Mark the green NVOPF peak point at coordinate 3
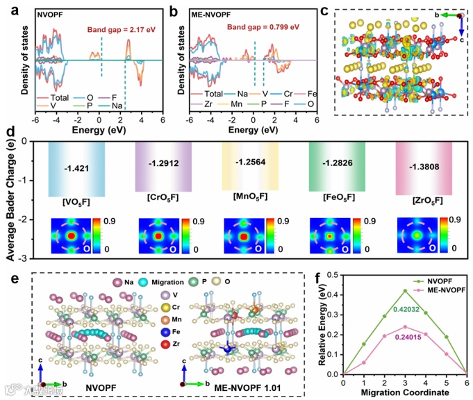pyautogui.click(x=405, y=290)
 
